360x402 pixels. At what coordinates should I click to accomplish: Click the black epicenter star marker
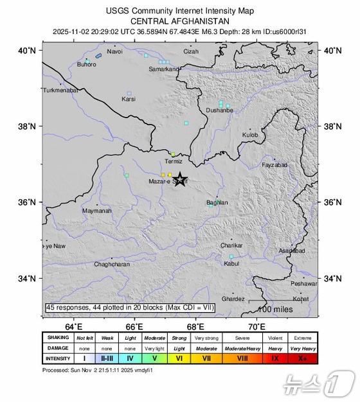[181, 179]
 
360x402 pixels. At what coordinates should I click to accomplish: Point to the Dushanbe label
[219, 110]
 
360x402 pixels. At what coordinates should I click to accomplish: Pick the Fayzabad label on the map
[274, 165]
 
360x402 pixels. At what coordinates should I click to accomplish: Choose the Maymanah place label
[96, 211]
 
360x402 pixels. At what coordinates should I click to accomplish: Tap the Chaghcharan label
[112, 264]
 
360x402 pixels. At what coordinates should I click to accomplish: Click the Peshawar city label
[303, 283]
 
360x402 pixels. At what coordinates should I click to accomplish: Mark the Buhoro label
[87, 64]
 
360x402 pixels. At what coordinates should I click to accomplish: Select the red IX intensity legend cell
[274, 358]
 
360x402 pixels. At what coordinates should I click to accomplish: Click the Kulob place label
[249, 135]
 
